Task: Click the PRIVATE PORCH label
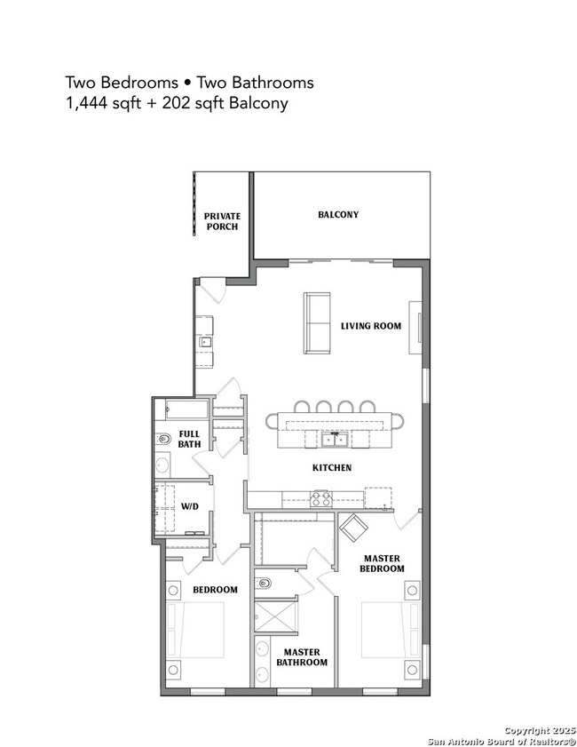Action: (x=222, y=221)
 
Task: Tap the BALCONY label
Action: (x=338, y=215)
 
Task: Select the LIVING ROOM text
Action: (x=371, y=326)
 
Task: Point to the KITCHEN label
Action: (x=332, y=467)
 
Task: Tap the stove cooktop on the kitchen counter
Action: (x=320, y=497)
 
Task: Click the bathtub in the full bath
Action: (x=182, y=409)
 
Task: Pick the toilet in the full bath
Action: (x=163, y=440)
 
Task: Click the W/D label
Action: (x=190, y=507)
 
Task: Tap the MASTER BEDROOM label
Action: (x=383, y=563)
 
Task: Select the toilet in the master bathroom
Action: (x=264, y=584)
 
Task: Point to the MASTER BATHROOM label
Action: (x=301, y=656)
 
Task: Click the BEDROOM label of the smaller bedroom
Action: (x=215, y=590)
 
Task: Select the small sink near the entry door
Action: (x=206, y=341)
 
